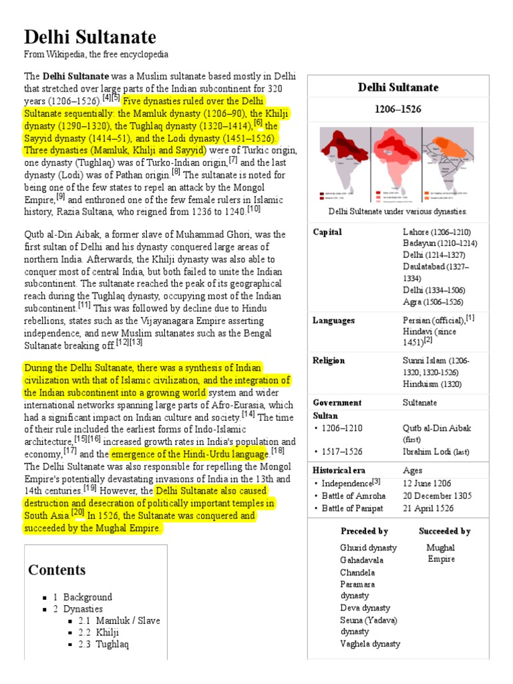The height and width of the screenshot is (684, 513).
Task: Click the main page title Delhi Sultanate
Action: (x=90, y=37)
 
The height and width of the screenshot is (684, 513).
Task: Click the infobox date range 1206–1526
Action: (x=397, y=109)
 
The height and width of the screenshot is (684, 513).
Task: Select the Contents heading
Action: (x=57, y=570)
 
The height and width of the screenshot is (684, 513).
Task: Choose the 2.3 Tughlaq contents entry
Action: (x=104, y=645)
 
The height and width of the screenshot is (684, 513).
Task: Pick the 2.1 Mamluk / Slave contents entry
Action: (x=119, y=621)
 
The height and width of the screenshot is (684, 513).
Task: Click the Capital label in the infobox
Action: (x=327, y=232)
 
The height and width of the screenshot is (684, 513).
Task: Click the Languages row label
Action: (x=333, y=321)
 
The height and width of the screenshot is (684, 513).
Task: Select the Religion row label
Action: (x=329, y=361)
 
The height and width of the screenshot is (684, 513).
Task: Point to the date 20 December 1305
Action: (x=437, y=496)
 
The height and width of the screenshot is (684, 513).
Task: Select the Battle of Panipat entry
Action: (x=353, y=508)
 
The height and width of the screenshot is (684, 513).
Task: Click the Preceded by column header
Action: (x=364, y=532)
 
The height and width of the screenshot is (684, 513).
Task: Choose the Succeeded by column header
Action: (x=444, y=532)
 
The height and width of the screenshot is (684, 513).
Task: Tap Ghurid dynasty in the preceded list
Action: (x=368, y=548)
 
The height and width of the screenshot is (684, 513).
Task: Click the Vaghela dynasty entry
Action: (x=370, y=644)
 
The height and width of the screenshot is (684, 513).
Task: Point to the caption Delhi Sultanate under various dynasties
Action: (x=397, y=212)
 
